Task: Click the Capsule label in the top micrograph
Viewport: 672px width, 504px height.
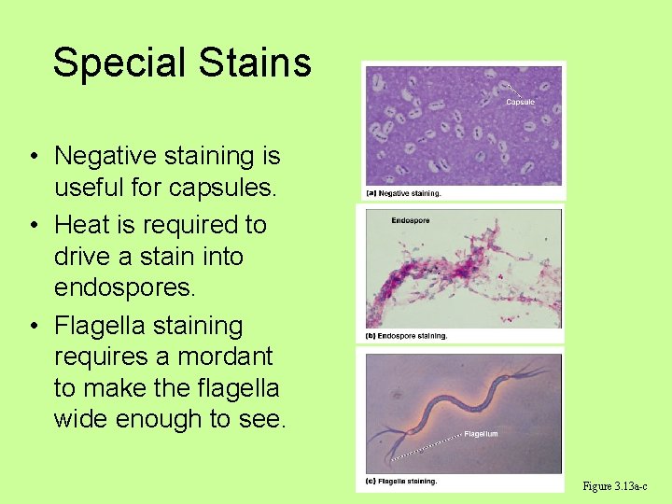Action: [520, 102]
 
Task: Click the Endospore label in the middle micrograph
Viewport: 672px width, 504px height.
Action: [411, 221]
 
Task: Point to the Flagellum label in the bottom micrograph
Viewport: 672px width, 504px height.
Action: [481, 434]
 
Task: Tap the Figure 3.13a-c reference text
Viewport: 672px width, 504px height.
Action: [614, 486]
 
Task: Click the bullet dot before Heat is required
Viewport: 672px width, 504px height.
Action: [32, 226]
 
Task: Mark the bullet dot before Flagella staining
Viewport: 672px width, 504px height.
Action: [32, 327]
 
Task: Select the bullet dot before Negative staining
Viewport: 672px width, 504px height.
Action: [32, 157]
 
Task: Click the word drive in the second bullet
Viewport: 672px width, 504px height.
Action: [86, 257]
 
